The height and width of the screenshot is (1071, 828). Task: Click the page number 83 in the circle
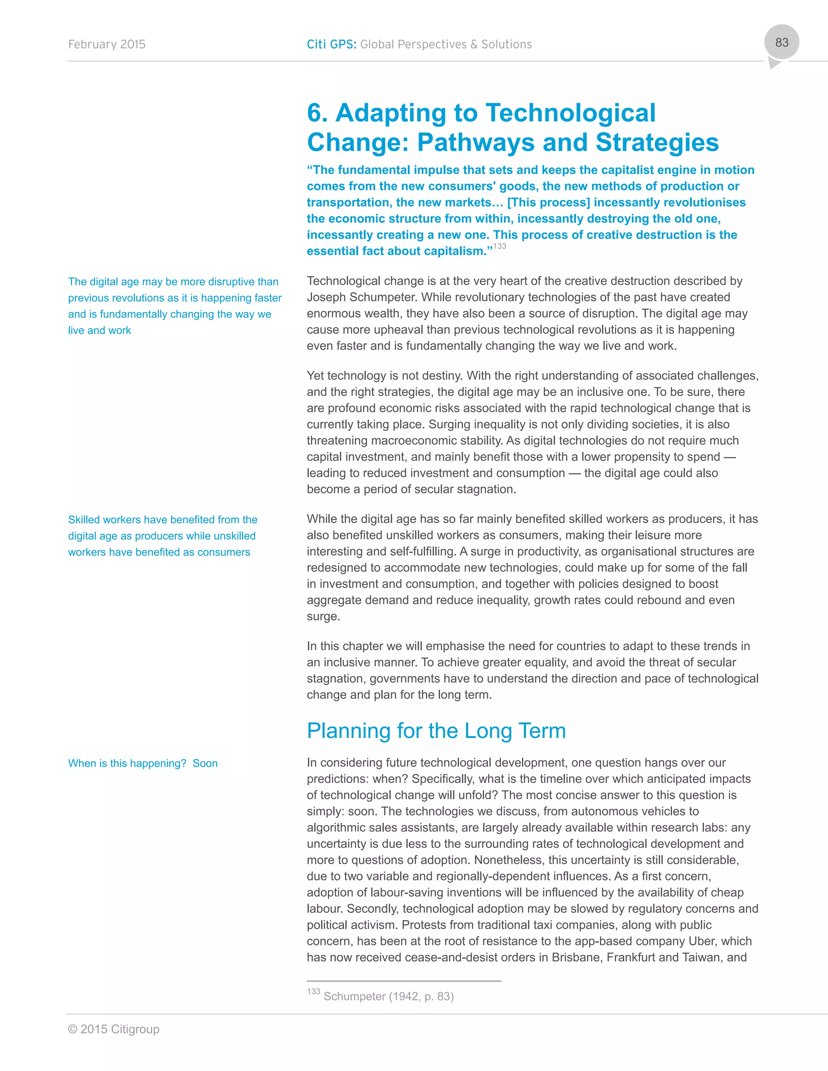(782, 43)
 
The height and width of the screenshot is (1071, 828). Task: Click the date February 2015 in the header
(106, 44)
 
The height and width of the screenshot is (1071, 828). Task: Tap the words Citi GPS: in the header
(331, 44)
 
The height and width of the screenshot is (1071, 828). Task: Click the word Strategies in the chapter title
(657, 143)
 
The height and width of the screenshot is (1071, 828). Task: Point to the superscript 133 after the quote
(499, 246)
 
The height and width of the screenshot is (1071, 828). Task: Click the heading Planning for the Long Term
(436, 731)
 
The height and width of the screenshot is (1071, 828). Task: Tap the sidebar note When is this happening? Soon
(143, 763)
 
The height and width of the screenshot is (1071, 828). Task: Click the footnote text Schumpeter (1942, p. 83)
(389, 997)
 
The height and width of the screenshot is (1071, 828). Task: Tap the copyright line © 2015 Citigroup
(113, 1029)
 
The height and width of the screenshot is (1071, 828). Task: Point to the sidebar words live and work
(99, 331)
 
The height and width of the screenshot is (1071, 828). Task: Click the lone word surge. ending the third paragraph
(323, 616)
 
